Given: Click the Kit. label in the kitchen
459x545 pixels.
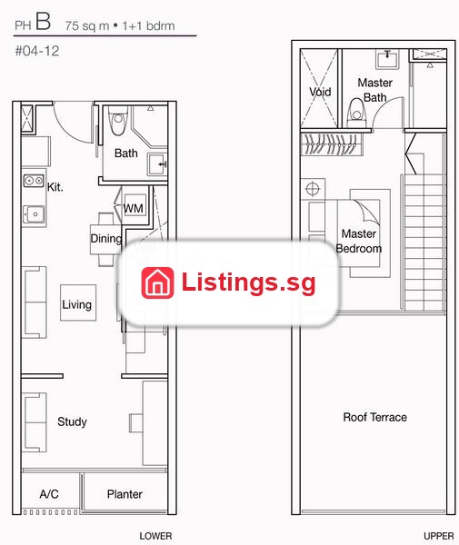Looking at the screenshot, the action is click(x=55, y=187).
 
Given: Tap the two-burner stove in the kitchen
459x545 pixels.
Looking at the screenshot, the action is click(x=34, y=181).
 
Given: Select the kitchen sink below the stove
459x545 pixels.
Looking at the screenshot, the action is click(x=34, y=214).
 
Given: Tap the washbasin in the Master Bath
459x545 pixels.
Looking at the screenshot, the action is click(x=387, y=59).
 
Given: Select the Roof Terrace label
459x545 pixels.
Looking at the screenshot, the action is click(x=374, y=417).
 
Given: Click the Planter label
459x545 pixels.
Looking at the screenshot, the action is click(x=125, y=494).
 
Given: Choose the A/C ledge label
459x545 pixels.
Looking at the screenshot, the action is click(x=49, y=494).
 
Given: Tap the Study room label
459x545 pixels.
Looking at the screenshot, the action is click(x=72, y=421).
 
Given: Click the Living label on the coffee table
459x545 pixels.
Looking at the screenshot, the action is click(x=77, y=304).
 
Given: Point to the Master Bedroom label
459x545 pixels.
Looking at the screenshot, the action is click(x=358, y=241).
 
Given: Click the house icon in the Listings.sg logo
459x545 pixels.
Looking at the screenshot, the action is click(x=157, y=282).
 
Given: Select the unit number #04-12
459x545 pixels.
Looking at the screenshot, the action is click(x=37, y=51).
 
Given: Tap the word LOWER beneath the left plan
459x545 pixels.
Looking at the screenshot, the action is click(x=155, y=536).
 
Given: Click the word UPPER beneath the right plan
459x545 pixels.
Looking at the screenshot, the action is click(x=438, y=536).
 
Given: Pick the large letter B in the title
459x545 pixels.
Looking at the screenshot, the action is click(x=43, y=21).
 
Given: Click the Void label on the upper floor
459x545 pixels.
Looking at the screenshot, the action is click(x=320, y=92).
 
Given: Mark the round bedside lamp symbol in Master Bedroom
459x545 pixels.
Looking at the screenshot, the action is click(x=313, y=189).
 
